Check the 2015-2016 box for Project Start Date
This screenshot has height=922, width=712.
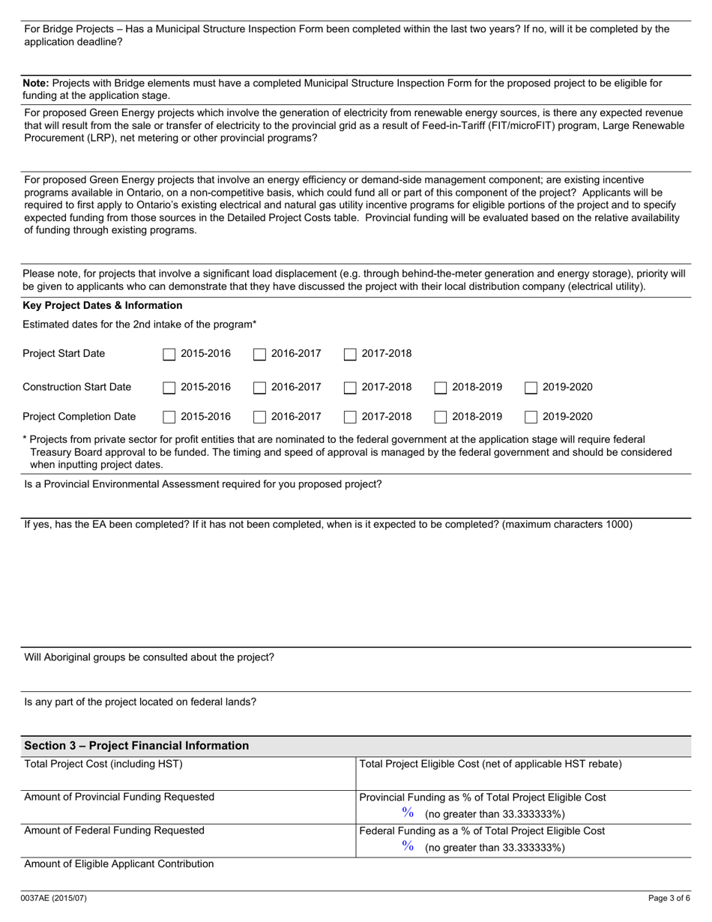pyautogui.click(x=169, y=355)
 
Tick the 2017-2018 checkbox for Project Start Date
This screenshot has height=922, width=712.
pyautogui.click(x=350, y=355)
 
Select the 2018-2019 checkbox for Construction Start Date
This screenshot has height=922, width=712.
pyautogui.click(x=441, y=388)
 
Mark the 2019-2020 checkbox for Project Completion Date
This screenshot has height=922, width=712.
pyautogui.click(x=531, y=418)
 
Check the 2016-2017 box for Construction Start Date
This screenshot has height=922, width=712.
pyautogui.click(x=259, y=388)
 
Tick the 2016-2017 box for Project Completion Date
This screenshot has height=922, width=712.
pyautogui.click(x=259, y=418)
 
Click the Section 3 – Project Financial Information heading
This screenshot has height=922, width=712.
pyautogui.click(x=136, y=746)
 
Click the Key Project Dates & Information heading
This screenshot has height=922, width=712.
pyautogui.click(x=103, y=306)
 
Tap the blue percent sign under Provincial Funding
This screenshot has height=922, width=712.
pyautogui.click(x=408, y=813)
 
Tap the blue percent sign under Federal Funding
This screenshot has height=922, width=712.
pyautogui.click(x=408, y=846)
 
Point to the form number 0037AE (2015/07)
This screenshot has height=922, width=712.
pyautogui.click(x=55, y=898)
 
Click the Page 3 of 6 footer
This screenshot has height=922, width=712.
pyautogui.click(x=669, y=898)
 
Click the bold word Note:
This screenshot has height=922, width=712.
pyautogui.click(x=36, y=83)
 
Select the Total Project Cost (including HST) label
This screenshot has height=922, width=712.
pyautogui.click(x=103, y=764)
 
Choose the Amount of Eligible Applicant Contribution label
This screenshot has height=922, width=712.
pyautogui.click(x=119, y=864)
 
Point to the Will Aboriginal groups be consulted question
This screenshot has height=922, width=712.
pyautogui.click(x=149, y=657)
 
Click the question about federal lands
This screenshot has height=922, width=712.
pyautogui.click(x=140, y=702)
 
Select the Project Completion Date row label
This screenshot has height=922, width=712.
pyautogui.click(x=79, y=417)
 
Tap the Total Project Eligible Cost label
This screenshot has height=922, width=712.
pyautogui.click(x=491, y=764)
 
